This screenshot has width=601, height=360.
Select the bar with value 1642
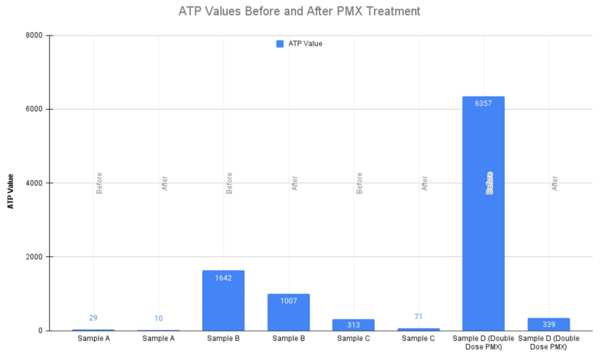(x=223, y=303)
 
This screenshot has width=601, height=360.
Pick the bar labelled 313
(x=353, y=325)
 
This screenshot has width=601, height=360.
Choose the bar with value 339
(x=549, y=324)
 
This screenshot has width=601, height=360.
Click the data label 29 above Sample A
(x=93, y=318)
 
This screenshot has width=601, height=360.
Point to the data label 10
(x=158, y=318)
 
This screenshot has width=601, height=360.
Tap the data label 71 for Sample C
(x=418, y=317)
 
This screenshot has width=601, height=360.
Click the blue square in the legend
(x=280, y=44)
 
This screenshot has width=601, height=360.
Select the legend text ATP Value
(x=305, y=44)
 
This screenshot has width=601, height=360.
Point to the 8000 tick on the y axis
(x=34, y=36)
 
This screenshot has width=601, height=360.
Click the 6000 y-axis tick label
(x=34, y=109)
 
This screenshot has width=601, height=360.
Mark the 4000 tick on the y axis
(x=34, y=183)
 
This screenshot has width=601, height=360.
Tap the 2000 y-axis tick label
(x=34, y=257)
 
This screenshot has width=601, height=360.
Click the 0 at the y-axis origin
(x=41, y=331)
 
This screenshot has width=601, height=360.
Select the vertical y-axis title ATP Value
(x=11, y=191)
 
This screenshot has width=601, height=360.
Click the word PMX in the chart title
(x=350, y=11)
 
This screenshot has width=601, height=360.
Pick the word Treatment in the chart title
(x=393, y=11)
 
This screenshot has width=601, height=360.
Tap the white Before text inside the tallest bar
(x=489, y=183)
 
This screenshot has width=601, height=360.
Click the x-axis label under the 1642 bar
(x=223, y=338)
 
